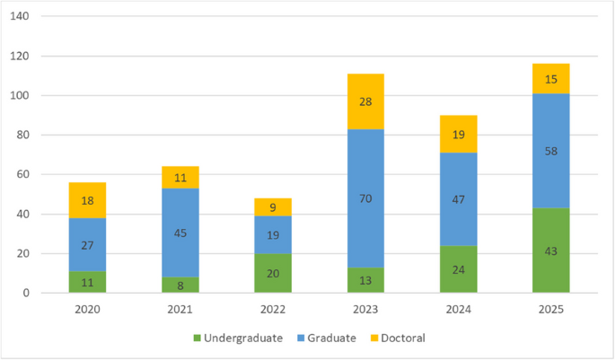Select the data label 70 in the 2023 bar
[x=366, y=198]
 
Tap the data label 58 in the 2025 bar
[x=550, y=151]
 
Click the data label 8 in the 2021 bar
[x=181, y=285]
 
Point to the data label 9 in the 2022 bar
[x=274, y=207]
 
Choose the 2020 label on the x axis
[x=88, y=309]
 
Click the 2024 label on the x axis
[x=458, y=309]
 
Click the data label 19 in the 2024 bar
[x=458, y=135]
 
